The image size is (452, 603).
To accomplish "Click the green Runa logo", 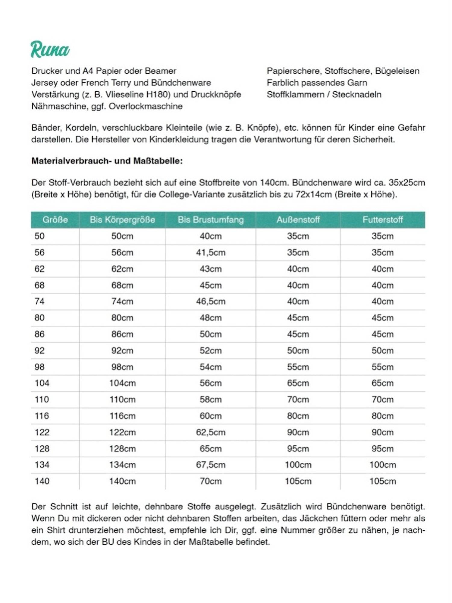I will point(50,50).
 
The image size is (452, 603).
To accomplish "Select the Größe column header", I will point(55,220).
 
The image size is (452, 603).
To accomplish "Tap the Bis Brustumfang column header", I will point(211,220).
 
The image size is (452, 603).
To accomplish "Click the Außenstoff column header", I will point(298,220).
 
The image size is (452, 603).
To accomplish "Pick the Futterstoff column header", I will point(382,220).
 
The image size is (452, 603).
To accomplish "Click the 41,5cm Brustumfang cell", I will point(211,252).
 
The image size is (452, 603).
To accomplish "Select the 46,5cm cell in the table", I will point(211,301).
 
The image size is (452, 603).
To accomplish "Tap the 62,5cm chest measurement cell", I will point(211,432).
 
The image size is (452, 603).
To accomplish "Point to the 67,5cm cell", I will point(211,465).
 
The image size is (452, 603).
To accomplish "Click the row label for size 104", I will point(42,383).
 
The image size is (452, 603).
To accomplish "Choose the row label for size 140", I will point(42,481).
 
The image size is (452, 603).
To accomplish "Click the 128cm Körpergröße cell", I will point(122,448).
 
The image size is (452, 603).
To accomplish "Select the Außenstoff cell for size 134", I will point(298,465).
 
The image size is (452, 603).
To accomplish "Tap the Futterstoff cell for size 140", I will point(382,481).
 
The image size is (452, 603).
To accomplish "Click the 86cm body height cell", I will point(122,334).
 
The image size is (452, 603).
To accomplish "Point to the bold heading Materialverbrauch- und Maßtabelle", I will point(107,161).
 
